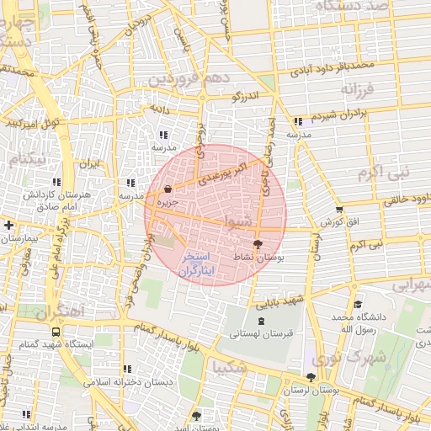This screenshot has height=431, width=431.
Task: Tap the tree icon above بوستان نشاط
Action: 258,243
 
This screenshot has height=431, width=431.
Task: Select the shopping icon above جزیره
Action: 168,189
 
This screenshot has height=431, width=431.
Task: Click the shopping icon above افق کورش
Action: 339,210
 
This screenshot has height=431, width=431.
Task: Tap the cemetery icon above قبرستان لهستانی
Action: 259,321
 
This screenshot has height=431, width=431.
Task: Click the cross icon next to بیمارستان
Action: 8,226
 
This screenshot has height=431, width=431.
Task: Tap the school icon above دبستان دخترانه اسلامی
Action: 127,369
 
